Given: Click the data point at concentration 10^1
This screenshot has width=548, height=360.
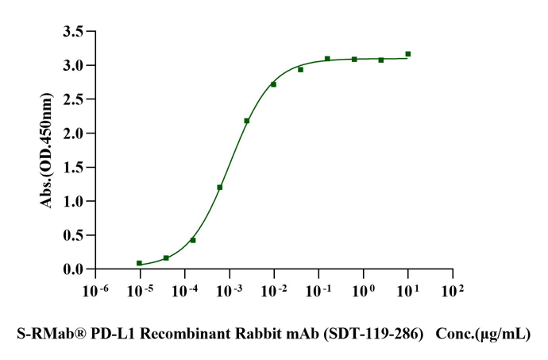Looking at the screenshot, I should click(x=407, y=54).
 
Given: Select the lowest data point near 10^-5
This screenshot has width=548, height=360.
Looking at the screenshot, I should click(x=139, y=263).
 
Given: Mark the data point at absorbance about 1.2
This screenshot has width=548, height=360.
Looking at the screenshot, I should click(x=220, y=188).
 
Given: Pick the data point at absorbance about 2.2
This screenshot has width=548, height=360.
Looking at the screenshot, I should click(x=247, y=121).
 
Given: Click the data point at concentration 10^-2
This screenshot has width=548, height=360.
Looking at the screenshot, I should click(x=273, y=84).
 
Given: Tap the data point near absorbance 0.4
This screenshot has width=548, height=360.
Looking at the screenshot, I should click(x=193, y=240).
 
